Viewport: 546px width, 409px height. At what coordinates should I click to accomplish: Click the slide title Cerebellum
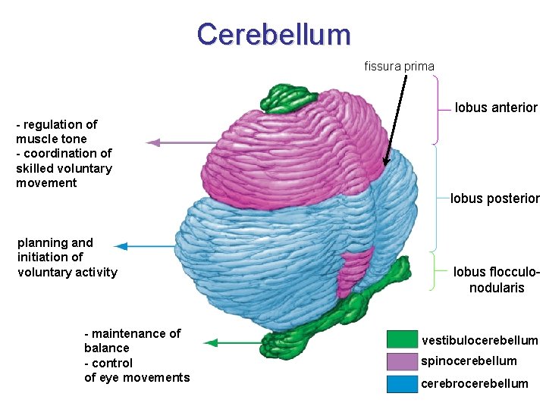pos(274,34)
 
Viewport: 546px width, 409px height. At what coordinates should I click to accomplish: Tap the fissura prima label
pos(399,67)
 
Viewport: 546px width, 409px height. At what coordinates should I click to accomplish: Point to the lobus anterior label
pos(496,108)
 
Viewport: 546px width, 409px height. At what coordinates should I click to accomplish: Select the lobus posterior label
pos(494,199)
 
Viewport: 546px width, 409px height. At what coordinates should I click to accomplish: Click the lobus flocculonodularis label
pos(496,279)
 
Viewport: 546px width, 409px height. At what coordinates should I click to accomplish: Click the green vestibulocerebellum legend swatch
pos(402,339)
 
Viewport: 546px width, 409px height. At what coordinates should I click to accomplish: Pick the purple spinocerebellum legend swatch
pos(402,361)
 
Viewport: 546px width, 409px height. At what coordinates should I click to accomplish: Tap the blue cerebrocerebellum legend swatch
pos(402,383)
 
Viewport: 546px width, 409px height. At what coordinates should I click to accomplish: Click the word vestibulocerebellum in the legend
pos(479,341)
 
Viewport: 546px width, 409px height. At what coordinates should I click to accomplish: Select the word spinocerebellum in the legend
pos(469,361)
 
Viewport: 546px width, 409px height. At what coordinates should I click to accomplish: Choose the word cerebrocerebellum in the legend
pos(475,383)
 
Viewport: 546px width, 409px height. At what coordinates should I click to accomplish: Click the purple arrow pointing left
pos(182,142)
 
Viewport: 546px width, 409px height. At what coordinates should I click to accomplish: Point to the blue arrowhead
pos(121,245)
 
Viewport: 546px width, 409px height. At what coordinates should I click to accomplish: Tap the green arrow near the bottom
pos(235,343)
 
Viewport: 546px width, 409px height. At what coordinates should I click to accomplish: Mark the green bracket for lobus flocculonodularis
pos(434,270)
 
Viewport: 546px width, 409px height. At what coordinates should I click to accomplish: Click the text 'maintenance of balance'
pos(133,341)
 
